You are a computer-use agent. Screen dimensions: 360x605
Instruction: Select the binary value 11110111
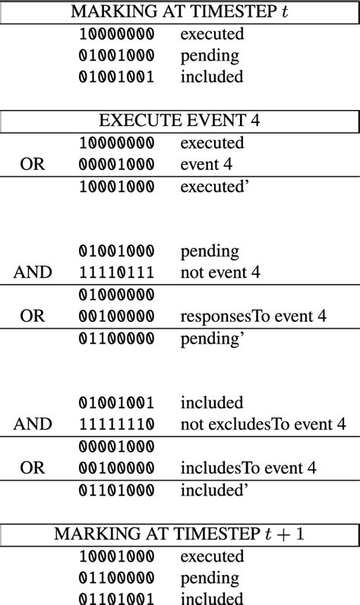coord(116,273)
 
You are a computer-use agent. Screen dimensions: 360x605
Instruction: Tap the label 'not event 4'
coord(220,273)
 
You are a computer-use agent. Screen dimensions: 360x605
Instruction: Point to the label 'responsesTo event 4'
coord(254,317)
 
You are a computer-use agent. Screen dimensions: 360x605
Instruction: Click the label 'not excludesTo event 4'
coord(263,424)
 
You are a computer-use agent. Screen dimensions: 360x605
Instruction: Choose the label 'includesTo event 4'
coord(248,468)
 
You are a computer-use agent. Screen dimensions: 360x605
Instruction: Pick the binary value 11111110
coord(116,424)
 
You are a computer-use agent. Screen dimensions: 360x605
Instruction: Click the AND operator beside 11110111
coord(33,273)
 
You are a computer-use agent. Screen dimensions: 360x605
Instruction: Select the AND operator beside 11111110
coord(33,424)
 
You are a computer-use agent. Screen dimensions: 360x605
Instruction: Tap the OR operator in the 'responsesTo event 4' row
coord(33,317)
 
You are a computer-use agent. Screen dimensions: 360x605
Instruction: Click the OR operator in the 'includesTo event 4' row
coord(33,468)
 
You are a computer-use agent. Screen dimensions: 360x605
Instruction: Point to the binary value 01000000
coord(116,295)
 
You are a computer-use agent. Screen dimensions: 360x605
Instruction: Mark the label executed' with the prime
coord(214,187)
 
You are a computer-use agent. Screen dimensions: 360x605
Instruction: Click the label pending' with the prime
coord(212,339)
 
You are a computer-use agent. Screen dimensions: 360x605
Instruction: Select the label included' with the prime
coord(214,490)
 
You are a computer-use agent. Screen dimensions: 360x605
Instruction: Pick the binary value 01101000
coord(116,491)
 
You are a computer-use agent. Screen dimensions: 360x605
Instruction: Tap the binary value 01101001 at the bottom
coord(116,598)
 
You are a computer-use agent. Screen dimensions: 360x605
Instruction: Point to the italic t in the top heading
coord(285,11)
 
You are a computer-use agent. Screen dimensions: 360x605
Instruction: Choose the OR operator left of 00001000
coord(33,165)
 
